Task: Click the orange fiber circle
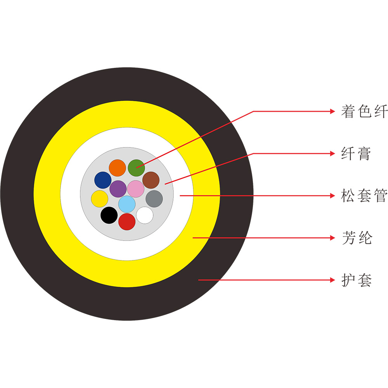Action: click(x=117, y=168)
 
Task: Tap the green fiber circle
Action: click(x=136, y=168)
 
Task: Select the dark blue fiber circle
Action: click(x=103, y=180)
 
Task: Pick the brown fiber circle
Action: click(x=151, y=180)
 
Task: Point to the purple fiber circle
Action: click(x=118, y=189)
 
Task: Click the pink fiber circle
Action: click(x=136, y=189)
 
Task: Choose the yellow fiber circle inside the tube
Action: click(x=100, y=198)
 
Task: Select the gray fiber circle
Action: click(x=154, y=199)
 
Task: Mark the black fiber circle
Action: click(x=109, y=215)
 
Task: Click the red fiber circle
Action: click(x=127, y=222)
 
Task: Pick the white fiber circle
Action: click(x=145, y=215)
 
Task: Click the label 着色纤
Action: click(x=364, y=111)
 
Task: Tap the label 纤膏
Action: click(x=356, y=154)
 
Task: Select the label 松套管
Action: click(x=364, y=196)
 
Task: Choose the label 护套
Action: click(x=357, y=280)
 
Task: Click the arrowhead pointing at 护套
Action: click(x=332, y=280)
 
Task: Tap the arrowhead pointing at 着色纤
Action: click(x=332, y=111)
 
